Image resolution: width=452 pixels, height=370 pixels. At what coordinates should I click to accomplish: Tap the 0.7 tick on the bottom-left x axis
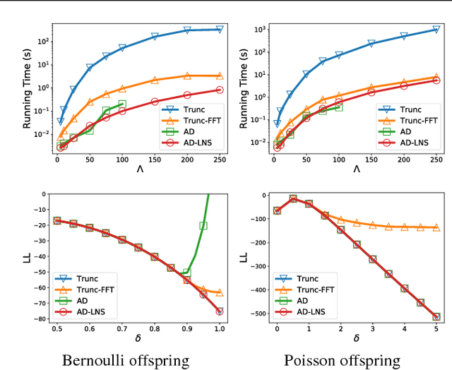(x=121, y=329)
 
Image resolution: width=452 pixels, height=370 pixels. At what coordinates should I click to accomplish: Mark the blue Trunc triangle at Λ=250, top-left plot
(x=219, y=29)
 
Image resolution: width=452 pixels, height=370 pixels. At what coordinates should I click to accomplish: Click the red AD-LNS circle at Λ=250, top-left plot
(x=219, y=90)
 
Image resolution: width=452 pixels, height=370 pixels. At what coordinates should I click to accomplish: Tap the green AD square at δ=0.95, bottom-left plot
(x=203, y=226)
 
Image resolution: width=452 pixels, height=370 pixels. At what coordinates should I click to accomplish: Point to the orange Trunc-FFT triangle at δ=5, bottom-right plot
(x=436, y=227)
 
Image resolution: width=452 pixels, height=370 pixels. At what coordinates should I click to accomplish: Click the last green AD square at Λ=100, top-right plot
(x=339, y=107)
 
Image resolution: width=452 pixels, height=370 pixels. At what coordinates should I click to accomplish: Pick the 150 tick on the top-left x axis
(x=154, y=160)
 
